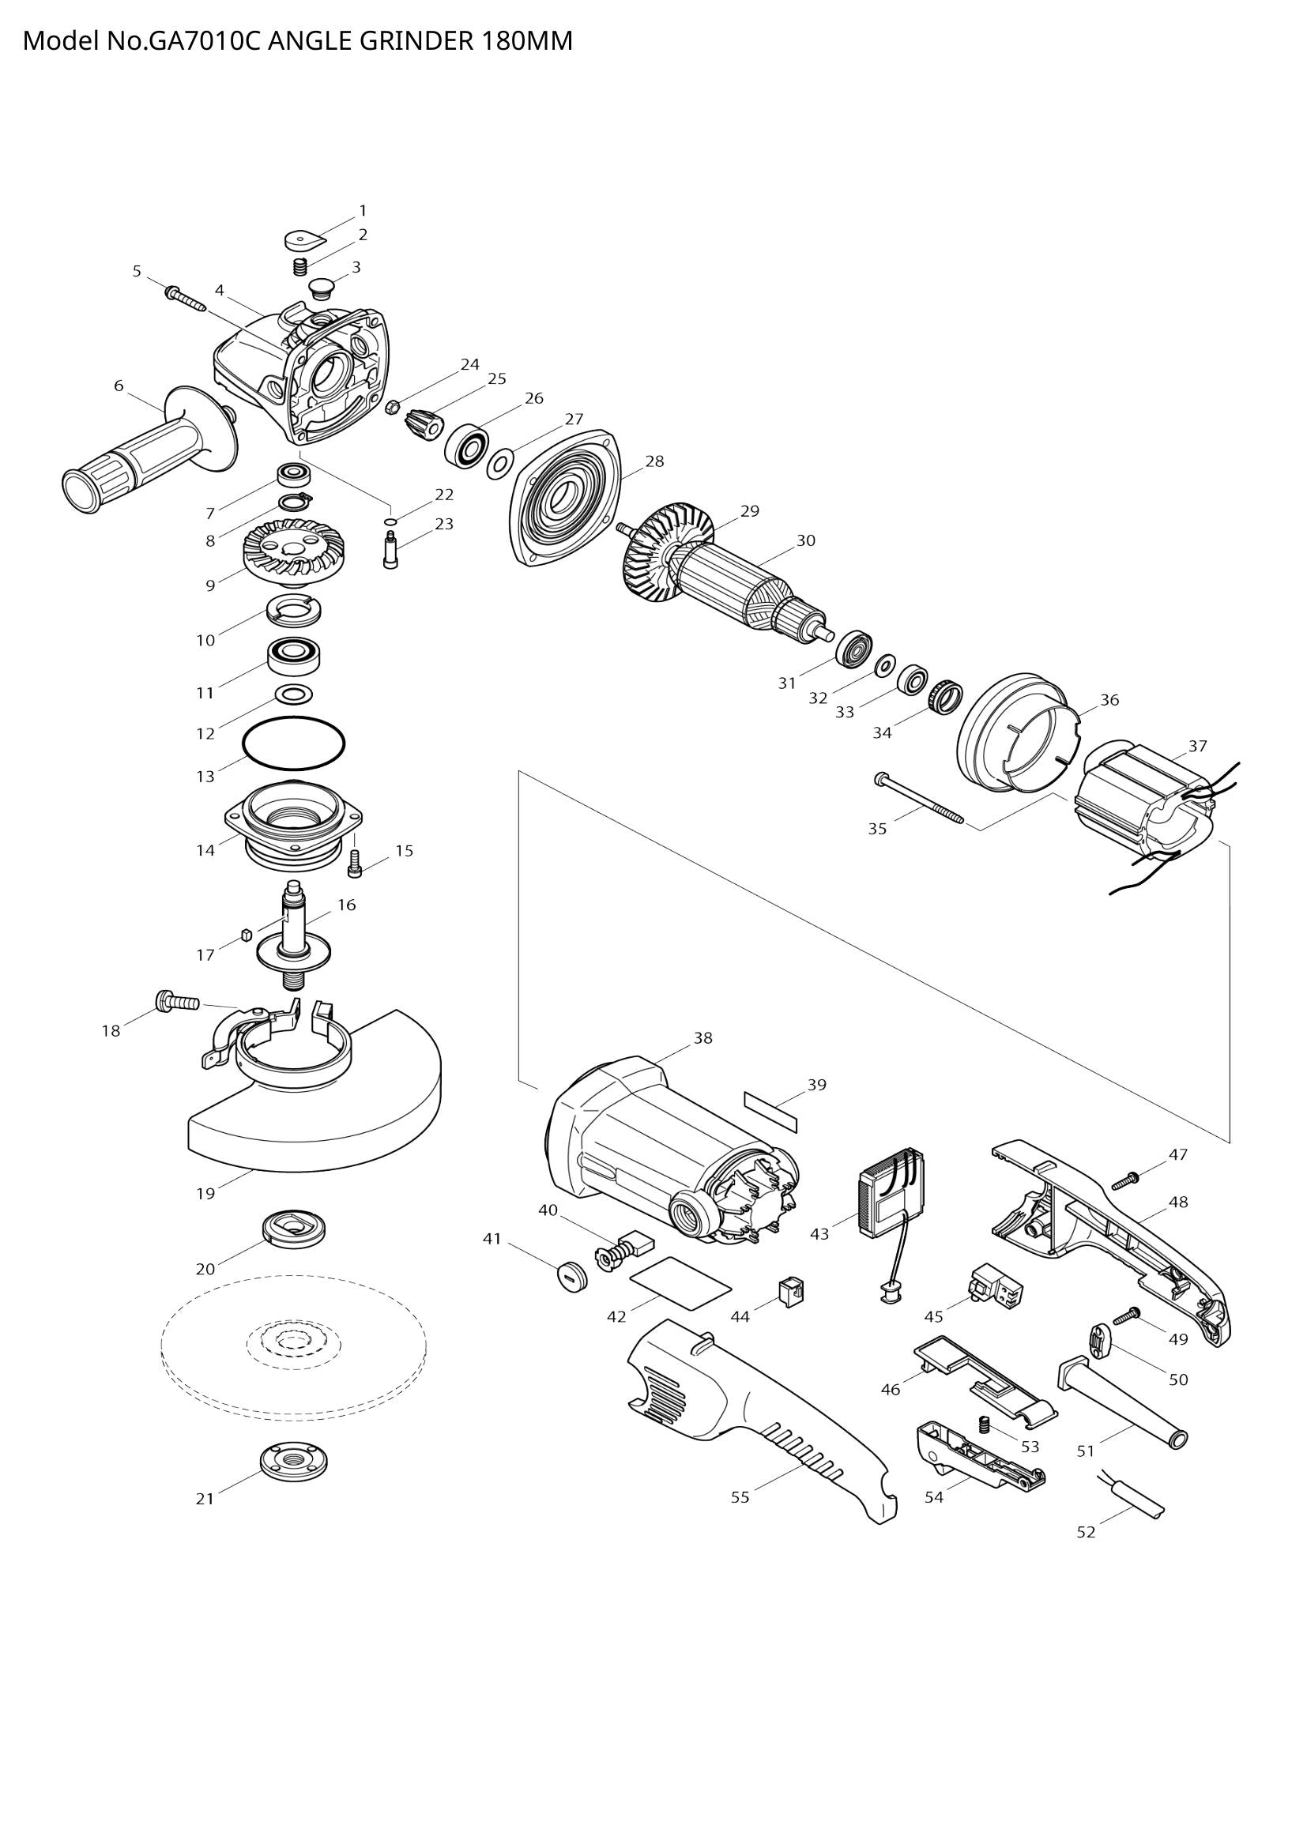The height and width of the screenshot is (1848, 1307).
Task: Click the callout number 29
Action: [x=749, y=511]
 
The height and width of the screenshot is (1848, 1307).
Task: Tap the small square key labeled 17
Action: [x=247, y=935]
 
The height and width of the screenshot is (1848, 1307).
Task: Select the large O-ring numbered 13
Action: [x=294, y=743]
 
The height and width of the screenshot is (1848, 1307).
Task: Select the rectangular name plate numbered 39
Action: [x=771, y=1112]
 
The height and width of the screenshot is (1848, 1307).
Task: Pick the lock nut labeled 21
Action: [x=294, y=1462]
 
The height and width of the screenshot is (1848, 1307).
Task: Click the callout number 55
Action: [x=740, y=1497]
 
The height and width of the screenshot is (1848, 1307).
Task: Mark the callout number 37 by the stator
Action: [x=1197, y=746]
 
